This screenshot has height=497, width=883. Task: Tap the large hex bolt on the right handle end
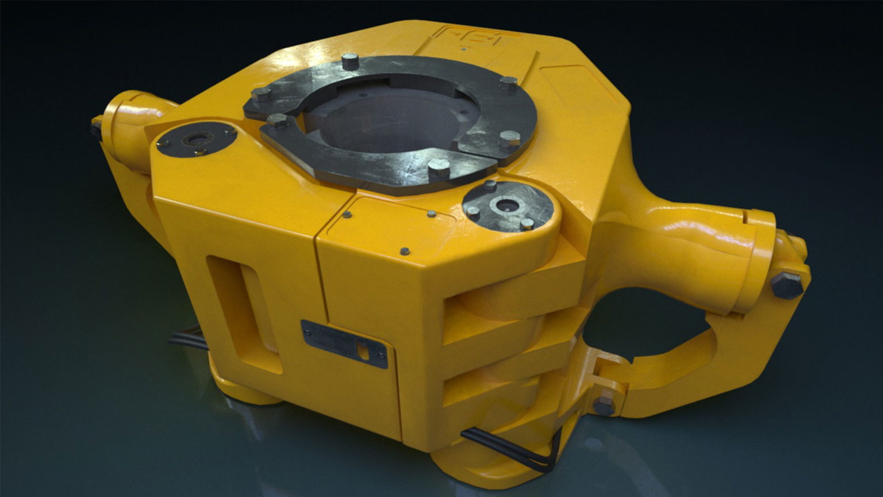coord(786,285)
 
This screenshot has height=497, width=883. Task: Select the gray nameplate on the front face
coord(344,343)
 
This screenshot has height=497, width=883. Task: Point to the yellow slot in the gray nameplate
coord(363,350)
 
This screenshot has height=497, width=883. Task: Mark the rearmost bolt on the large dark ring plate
coord(350,60)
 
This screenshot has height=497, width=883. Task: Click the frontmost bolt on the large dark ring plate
coord(439,168)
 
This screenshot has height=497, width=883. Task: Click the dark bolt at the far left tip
coord(95,128)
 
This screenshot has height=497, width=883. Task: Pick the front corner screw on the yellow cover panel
coord(405,251)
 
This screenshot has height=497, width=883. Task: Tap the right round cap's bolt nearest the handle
coord(527,223)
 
